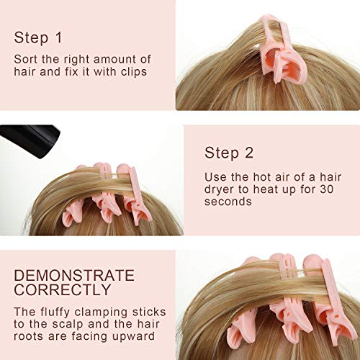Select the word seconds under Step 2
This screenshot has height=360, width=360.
click(x=228, y=202)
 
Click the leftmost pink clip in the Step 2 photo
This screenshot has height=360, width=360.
click(x=76, y=209)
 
